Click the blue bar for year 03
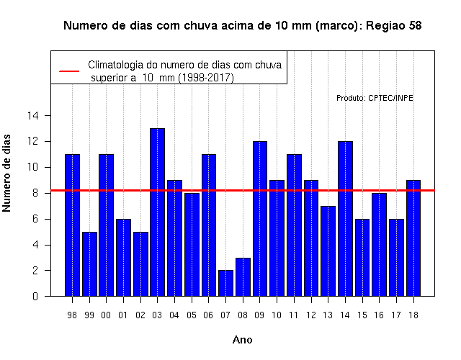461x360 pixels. (157, 212)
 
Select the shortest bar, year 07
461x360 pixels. (225, 283)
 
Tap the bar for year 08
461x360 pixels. (243, 277)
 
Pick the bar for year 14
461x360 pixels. (346, 219)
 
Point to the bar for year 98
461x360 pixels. (72, 225)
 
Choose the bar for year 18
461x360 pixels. (413, 238)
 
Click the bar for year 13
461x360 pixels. (328, 251)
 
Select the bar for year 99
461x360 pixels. (89, 264)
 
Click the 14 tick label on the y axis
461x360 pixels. (33, 115)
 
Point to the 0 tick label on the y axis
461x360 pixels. (35, 296)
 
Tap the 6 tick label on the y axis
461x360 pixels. (35, 219)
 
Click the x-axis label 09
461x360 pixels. (259, 315)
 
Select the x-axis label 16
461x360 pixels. (379, 315)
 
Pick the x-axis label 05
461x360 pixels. (192, 315)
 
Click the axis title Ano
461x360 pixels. (243, 340)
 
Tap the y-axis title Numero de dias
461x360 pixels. (6, 173)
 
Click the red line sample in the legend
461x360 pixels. (69, 71)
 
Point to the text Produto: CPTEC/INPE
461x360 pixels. (375, 98)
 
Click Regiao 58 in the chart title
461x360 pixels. (394, 26)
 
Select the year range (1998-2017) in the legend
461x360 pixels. (207, 78)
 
